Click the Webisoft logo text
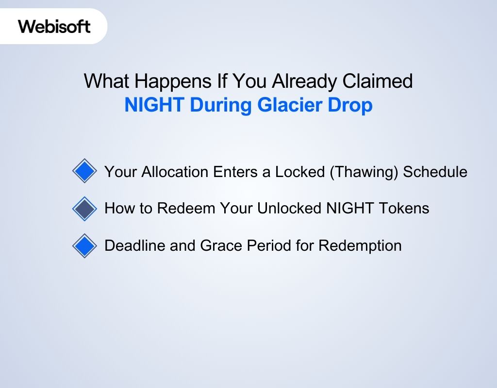pos(54,26)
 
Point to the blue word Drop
pos(353,106)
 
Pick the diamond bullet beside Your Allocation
pos(85,171)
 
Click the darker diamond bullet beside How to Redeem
pos(85,209)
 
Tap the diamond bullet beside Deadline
pos(85,246)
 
